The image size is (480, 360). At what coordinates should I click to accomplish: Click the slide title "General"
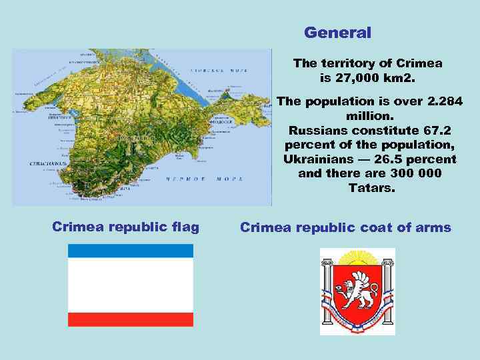coord(337,32)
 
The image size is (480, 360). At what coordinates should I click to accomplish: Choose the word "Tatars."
coord(371,189)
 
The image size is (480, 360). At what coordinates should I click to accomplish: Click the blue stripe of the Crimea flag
coord(131,251)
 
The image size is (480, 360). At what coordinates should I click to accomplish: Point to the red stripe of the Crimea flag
coord(131,319)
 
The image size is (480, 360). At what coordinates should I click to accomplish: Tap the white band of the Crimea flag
coord(131,285)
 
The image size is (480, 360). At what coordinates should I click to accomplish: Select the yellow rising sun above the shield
coord(357,255)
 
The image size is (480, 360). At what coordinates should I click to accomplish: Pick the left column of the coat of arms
coord(328,293)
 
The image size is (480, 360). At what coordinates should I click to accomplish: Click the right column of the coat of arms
coord(387,293)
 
